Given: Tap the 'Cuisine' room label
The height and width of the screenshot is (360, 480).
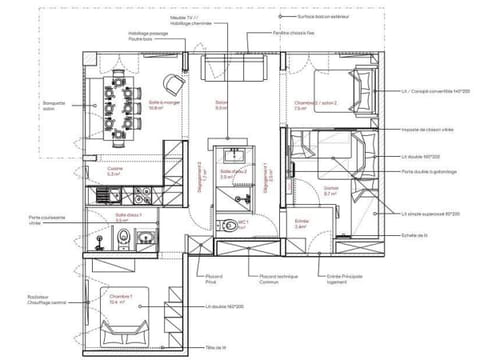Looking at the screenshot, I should pyautogui.click(x=116, y=171).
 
